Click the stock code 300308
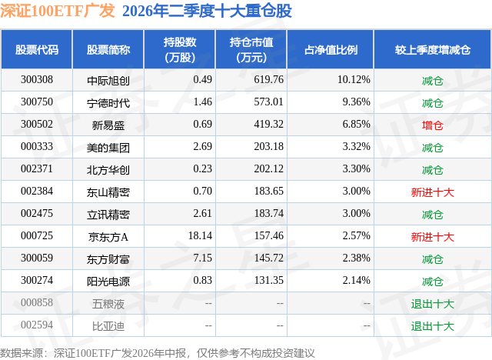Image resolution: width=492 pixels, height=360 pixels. click(37, 80)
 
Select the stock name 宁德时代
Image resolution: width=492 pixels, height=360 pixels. click(108, 102)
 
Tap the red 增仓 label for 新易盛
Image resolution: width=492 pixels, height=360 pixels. click(432, 125)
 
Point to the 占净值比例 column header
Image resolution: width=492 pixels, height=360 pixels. click(331, 49)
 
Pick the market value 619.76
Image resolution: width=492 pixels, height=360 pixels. click(268, 80)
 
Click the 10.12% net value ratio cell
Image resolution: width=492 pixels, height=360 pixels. click(354, 80)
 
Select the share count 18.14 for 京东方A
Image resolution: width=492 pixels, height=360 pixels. click(200, 235)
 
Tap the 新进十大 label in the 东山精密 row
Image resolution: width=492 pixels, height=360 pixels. click(432, 192)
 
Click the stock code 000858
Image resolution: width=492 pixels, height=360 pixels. click(37, 302)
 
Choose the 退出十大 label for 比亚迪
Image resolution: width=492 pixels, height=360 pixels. click(432, 326)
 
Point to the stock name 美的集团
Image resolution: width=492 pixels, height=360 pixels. click(108, 147)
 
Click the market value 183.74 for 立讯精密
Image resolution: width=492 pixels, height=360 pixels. click(268, 213)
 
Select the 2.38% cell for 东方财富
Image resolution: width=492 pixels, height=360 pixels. click(356, 258)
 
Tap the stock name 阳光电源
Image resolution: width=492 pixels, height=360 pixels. click(108, 281)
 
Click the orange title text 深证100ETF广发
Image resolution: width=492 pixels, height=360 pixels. click(58, 10)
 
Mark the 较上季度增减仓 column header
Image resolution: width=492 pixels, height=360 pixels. click(432, 49)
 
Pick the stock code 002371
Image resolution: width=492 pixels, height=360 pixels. click(37, 169)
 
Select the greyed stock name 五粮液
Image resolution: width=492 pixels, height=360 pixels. click(108, 304)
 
